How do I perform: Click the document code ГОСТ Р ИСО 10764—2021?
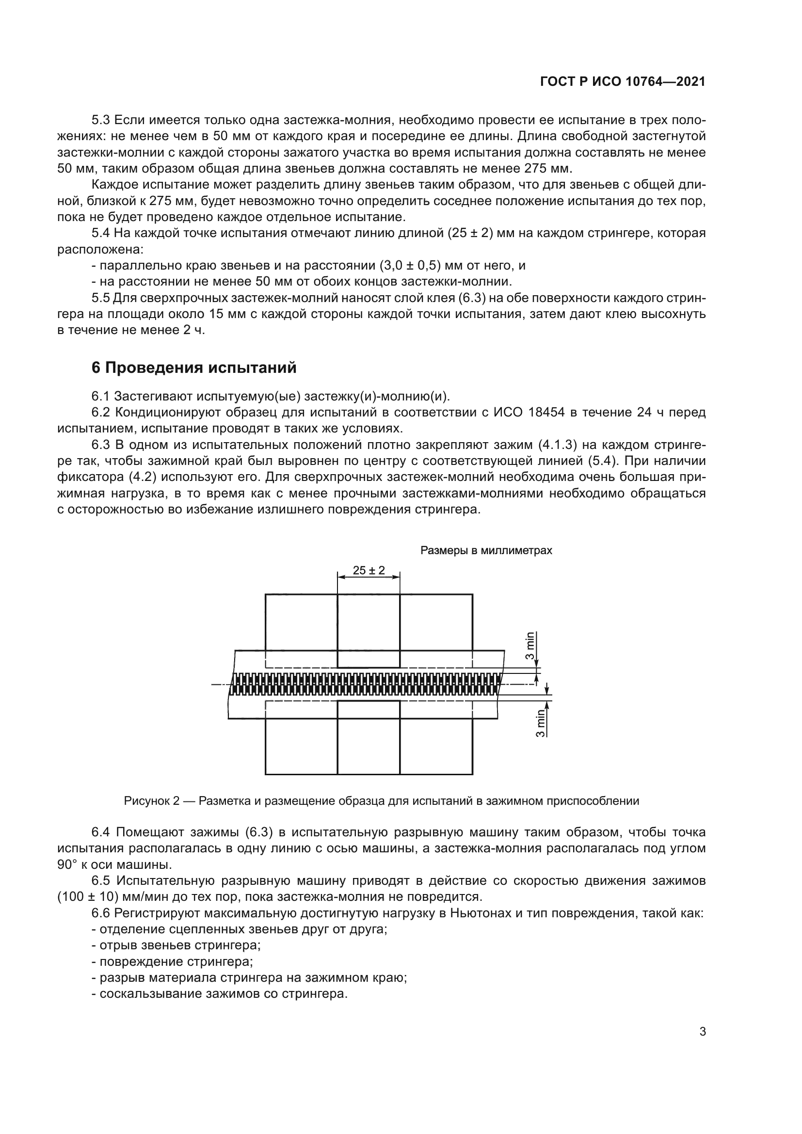coord(623,82)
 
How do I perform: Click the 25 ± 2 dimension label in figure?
coord(369,570)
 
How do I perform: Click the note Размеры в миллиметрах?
coord(486,550)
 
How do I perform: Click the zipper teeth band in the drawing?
coord(366,684)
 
